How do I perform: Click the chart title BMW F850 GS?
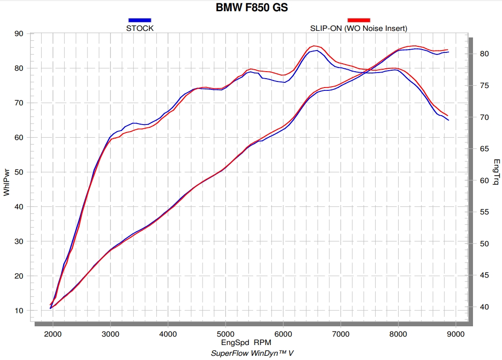point(251,7)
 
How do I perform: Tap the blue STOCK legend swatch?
point(140,20)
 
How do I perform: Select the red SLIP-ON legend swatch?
point(359,20)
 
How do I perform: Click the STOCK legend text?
point(140,28)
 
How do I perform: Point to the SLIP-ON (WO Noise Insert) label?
point(359,28)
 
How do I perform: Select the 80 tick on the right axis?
point(484,54)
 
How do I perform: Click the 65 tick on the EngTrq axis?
point(484,149)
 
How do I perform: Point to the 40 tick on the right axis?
point(484,307)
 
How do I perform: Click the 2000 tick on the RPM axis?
point(53,334)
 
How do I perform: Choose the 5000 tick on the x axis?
point(226,334)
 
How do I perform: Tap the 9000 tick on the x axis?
point(456,334)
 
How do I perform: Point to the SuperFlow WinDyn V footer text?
point(252,353)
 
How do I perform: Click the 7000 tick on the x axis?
point(341,334)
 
